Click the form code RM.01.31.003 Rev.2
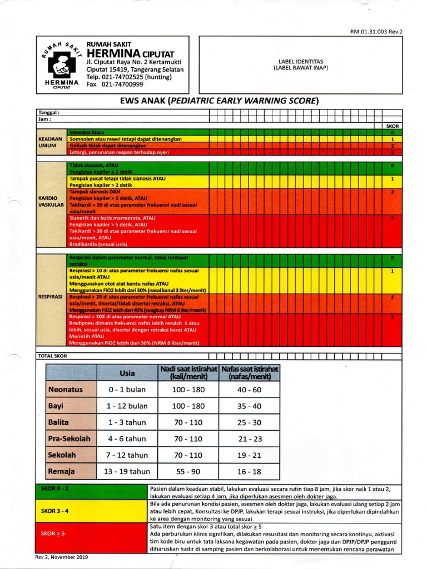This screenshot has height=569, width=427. click(x=376, y=32)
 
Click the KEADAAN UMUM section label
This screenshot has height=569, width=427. click(x=49, y=142)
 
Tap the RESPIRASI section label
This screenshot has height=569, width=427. click(x=50, y=297)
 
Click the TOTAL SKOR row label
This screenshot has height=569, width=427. click(x=52, y=356)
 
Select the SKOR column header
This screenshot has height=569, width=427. click(x=393, y=126)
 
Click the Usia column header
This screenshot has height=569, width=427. click(x=127, y=373)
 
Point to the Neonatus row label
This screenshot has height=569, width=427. click(x=66, y=390)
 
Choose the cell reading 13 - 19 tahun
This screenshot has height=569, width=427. click(x=128, y=471)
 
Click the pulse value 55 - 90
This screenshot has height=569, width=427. click(x=187, y=471)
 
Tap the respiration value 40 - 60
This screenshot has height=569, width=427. click(x=249, y=390)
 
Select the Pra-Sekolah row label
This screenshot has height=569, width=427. click(x=69, y=438)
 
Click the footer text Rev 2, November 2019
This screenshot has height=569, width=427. click(x=62, y=556)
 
